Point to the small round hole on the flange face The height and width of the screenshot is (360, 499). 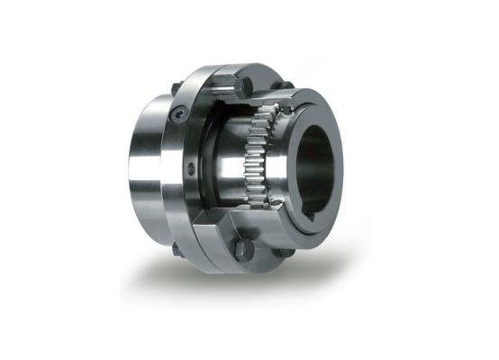pos(192,169)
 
